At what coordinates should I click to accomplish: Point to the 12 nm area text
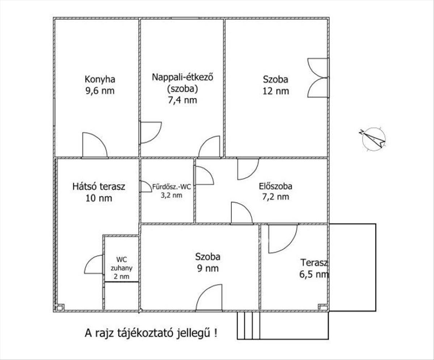[x=276, y=91]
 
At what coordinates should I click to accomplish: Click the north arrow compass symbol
[x=374, y=139]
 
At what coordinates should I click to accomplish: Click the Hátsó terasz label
[x=99, y=187]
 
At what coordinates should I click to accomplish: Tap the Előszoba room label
[x=276, y=187]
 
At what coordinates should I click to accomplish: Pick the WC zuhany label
[x=122, y=263]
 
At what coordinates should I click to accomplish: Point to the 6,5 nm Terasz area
[x=313, y=274]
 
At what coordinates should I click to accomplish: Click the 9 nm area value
[x=208, y=269]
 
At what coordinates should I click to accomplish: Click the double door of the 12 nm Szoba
[x=318, y=78]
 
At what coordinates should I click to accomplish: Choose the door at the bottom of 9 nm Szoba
[x=209, y=298]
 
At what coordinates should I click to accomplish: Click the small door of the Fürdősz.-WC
[x=146, y=187]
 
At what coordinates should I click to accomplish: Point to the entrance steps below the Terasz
[x=249, y=326]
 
